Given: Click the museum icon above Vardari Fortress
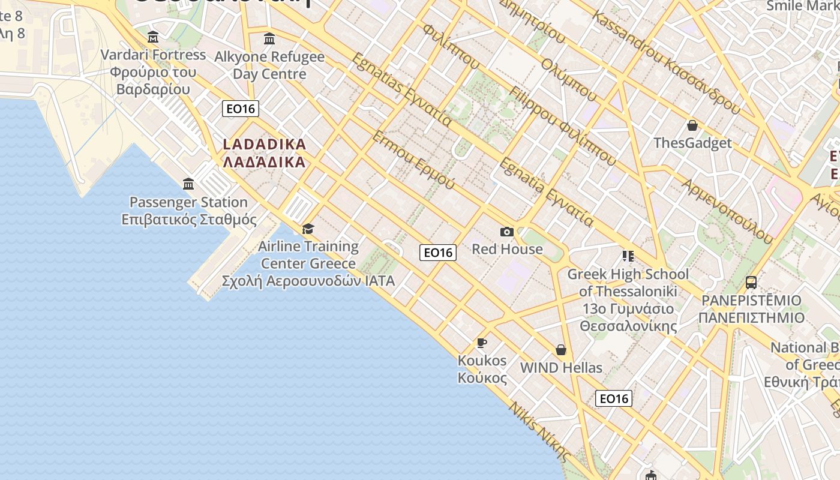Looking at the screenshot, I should point(153,37).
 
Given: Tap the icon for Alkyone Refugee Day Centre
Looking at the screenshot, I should point(269,39).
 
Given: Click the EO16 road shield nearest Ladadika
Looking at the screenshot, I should point(240,109).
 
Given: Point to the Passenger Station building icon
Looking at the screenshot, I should point(188,184).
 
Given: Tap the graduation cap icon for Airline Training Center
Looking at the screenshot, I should point(308,229).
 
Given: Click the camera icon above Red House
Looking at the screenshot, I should point(507,232).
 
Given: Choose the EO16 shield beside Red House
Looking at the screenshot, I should point(438,253).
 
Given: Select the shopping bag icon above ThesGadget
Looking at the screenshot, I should point(692,125).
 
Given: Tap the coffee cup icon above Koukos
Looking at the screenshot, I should point(482,343).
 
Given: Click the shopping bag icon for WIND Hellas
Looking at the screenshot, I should point(561,350).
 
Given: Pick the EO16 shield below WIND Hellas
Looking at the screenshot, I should point(614,398).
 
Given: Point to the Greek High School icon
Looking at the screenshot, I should point(628,256).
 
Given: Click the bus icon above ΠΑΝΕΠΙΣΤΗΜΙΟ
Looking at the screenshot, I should point(751,282).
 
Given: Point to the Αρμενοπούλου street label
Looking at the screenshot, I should point(727,211).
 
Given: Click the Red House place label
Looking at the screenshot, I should point(507,249).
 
